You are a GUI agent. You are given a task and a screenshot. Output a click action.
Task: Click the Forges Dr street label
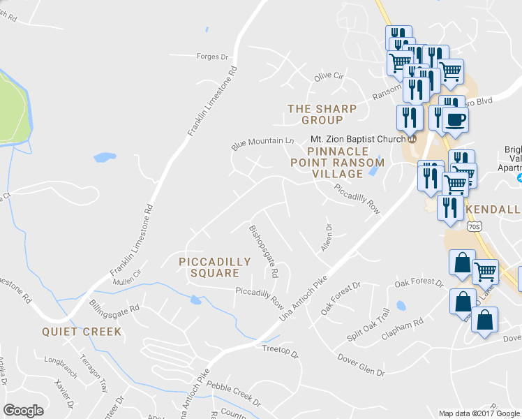click(213, 57)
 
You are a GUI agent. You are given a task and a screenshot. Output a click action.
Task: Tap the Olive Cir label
click(329, 75)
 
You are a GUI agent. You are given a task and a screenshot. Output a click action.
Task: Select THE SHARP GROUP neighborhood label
click(322, 115)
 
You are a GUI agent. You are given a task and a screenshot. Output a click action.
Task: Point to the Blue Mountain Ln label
click(262, 142)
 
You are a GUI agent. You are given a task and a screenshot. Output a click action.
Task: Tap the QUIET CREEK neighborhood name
click(82, 332)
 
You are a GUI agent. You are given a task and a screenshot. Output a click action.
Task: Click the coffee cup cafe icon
click(454, 118)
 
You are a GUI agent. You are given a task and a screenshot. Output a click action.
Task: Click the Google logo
click(24, 411)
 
